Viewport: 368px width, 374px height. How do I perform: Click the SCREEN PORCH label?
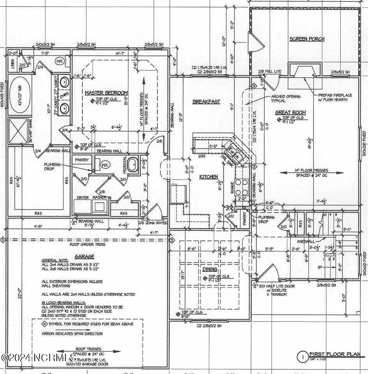click(x=307, y=39)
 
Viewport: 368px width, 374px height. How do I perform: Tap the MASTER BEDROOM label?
click(x=107, y=92)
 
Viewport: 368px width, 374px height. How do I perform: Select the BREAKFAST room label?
click(x=206, y=102)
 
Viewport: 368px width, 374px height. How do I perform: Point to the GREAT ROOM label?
click(x=291, y=112)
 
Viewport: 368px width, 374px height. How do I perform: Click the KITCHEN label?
click(x=209, y=177)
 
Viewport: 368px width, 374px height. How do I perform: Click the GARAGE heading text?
click(x=85, y=257)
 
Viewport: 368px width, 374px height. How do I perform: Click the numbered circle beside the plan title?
click(x=301, y=356)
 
